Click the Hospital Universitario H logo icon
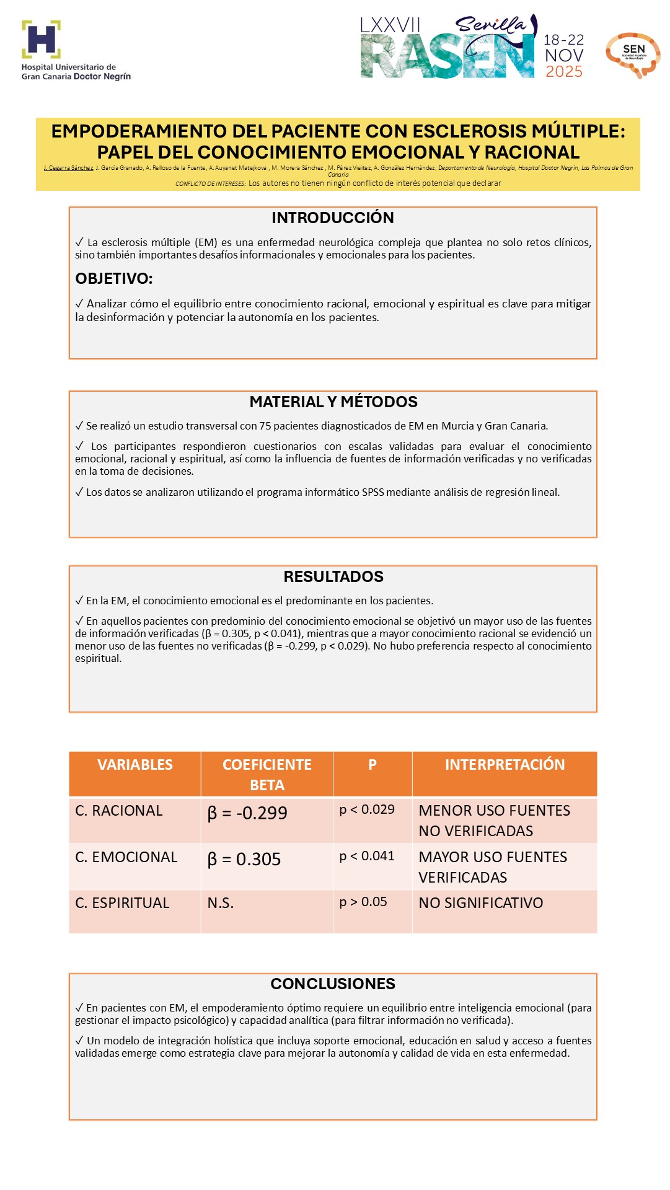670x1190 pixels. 41,39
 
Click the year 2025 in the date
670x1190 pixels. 564,72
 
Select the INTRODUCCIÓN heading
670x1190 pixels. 333,218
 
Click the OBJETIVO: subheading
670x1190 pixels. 114,278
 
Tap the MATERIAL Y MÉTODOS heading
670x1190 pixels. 333,402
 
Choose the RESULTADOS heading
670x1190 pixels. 333,576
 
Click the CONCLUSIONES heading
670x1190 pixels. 333,984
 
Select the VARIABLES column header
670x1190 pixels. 135,765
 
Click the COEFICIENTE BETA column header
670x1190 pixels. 267,774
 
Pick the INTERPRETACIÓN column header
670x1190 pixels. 505,765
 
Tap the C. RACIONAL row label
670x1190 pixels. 119,811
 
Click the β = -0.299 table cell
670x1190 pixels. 247,813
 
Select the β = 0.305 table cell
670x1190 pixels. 244,860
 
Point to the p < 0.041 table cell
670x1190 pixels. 367,856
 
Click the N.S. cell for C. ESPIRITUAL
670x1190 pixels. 221,903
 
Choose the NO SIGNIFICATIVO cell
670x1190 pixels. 481,903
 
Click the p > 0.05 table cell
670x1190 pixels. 363,902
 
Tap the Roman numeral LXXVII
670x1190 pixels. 390,25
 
